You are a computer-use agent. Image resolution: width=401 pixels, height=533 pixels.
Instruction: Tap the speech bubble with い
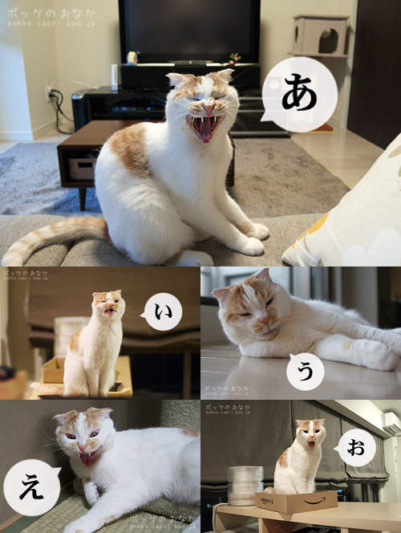pyautogui.click(x=163, y=311)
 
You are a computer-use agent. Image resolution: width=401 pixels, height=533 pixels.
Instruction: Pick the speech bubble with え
pyautogui.click(x=31, y=486)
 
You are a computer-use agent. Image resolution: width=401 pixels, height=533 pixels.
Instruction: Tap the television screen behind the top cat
pyautogui.click(x=188, y=31)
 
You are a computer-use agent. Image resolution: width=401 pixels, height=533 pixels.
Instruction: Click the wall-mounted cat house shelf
pyautogui.click(x=320, y=35)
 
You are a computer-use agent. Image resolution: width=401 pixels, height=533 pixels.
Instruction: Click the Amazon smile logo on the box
pyautogui.click(x=285, y=504)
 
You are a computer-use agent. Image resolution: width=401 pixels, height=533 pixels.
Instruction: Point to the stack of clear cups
pyautogui.click(x=245, y=484)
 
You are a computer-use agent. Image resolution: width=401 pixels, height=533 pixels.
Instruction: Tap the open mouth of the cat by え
pyautogui.click(x=87, y=457)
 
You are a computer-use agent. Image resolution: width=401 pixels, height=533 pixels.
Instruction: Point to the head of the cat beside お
pyautogui.click(x=309, y=434)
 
